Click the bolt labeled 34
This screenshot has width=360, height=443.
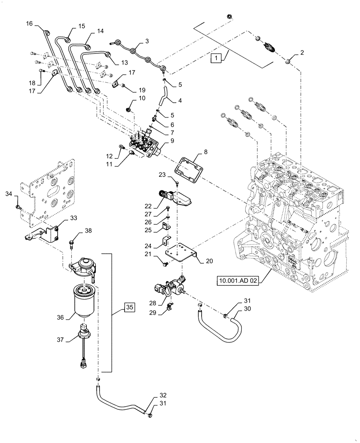pos(18,206)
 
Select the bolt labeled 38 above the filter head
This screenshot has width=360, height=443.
pos(72,243)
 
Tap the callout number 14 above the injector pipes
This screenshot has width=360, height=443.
pos(100,31)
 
